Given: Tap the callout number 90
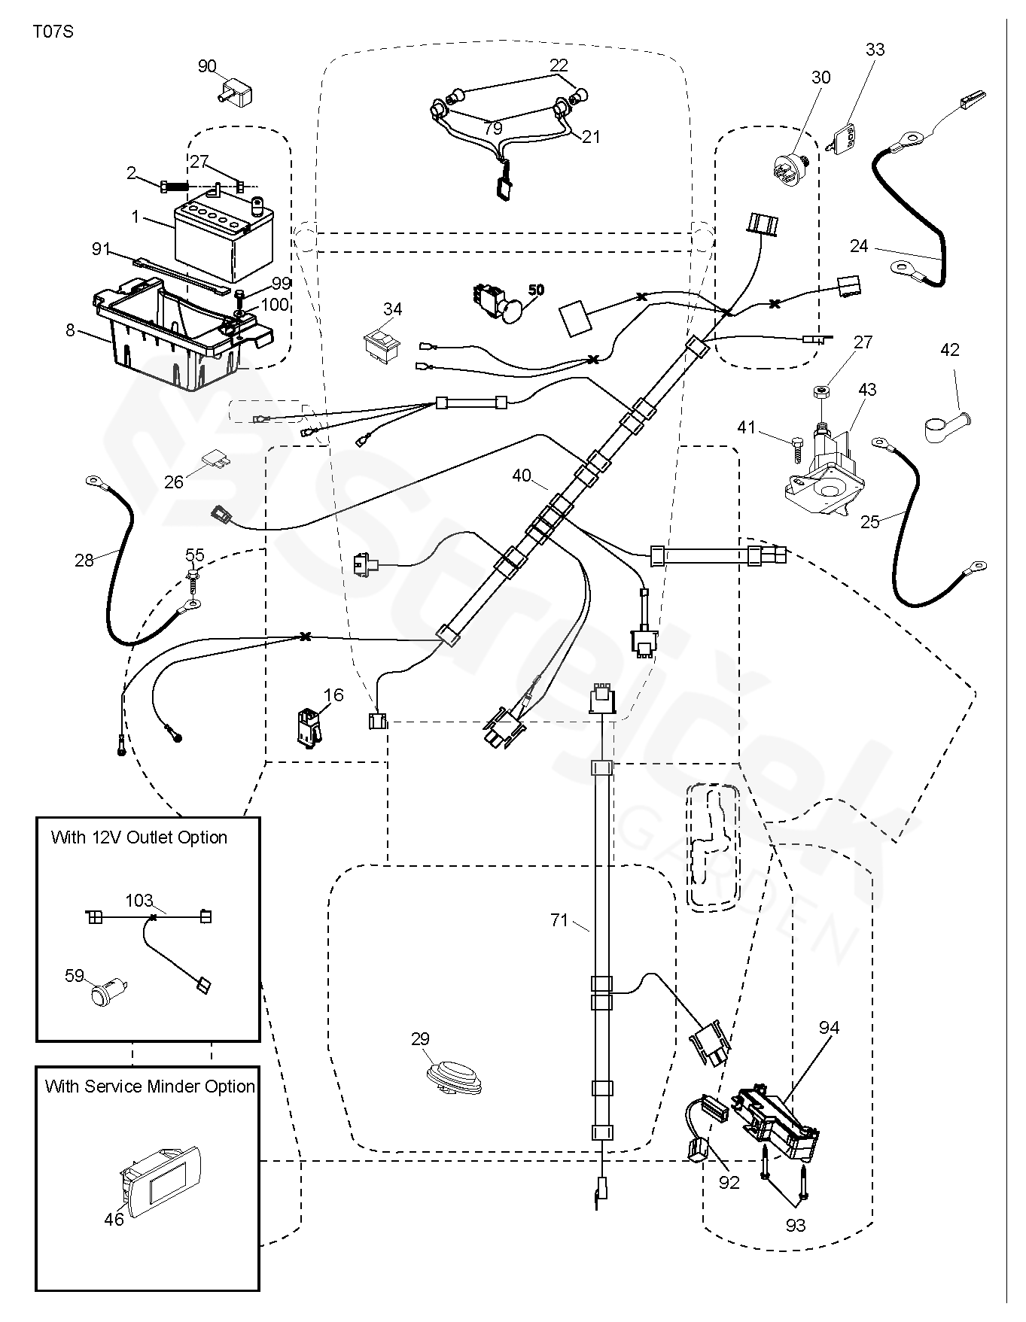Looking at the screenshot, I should (207, 66).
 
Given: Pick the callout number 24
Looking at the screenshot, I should (859, 246).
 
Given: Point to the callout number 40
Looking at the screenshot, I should (522, 476).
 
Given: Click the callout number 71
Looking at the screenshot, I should (559, 919).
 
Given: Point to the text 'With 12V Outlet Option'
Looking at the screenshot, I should (139, 837).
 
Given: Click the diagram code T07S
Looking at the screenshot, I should (53, 32).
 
